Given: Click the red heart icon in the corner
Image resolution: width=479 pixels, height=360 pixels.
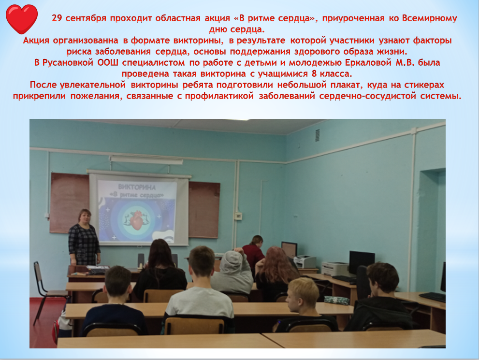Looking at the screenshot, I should tap(22, 18).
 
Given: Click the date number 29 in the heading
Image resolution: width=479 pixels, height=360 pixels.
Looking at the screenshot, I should tap(57, 19).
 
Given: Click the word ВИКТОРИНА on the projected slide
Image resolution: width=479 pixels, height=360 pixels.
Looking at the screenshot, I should tap(137, 186).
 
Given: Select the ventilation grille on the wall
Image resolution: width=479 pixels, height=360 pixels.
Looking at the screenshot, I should tap(317, 135).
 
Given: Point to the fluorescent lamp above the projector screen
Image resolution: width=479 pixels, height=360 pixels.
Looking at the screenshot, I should tap(146, 159).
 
